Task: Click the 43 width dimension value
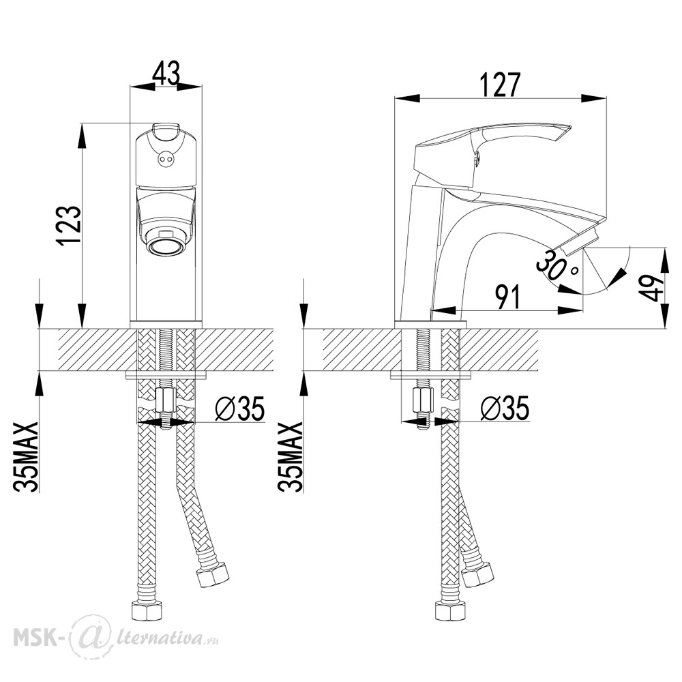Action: click(166, 73)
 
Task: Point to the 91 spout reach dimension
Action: click(507, 297)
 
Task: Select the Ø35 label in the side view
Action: click(505, 408)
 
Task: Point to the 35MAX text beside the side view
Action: click(291, 457)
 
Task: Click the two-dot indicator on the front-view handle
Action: click(165, 160)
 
